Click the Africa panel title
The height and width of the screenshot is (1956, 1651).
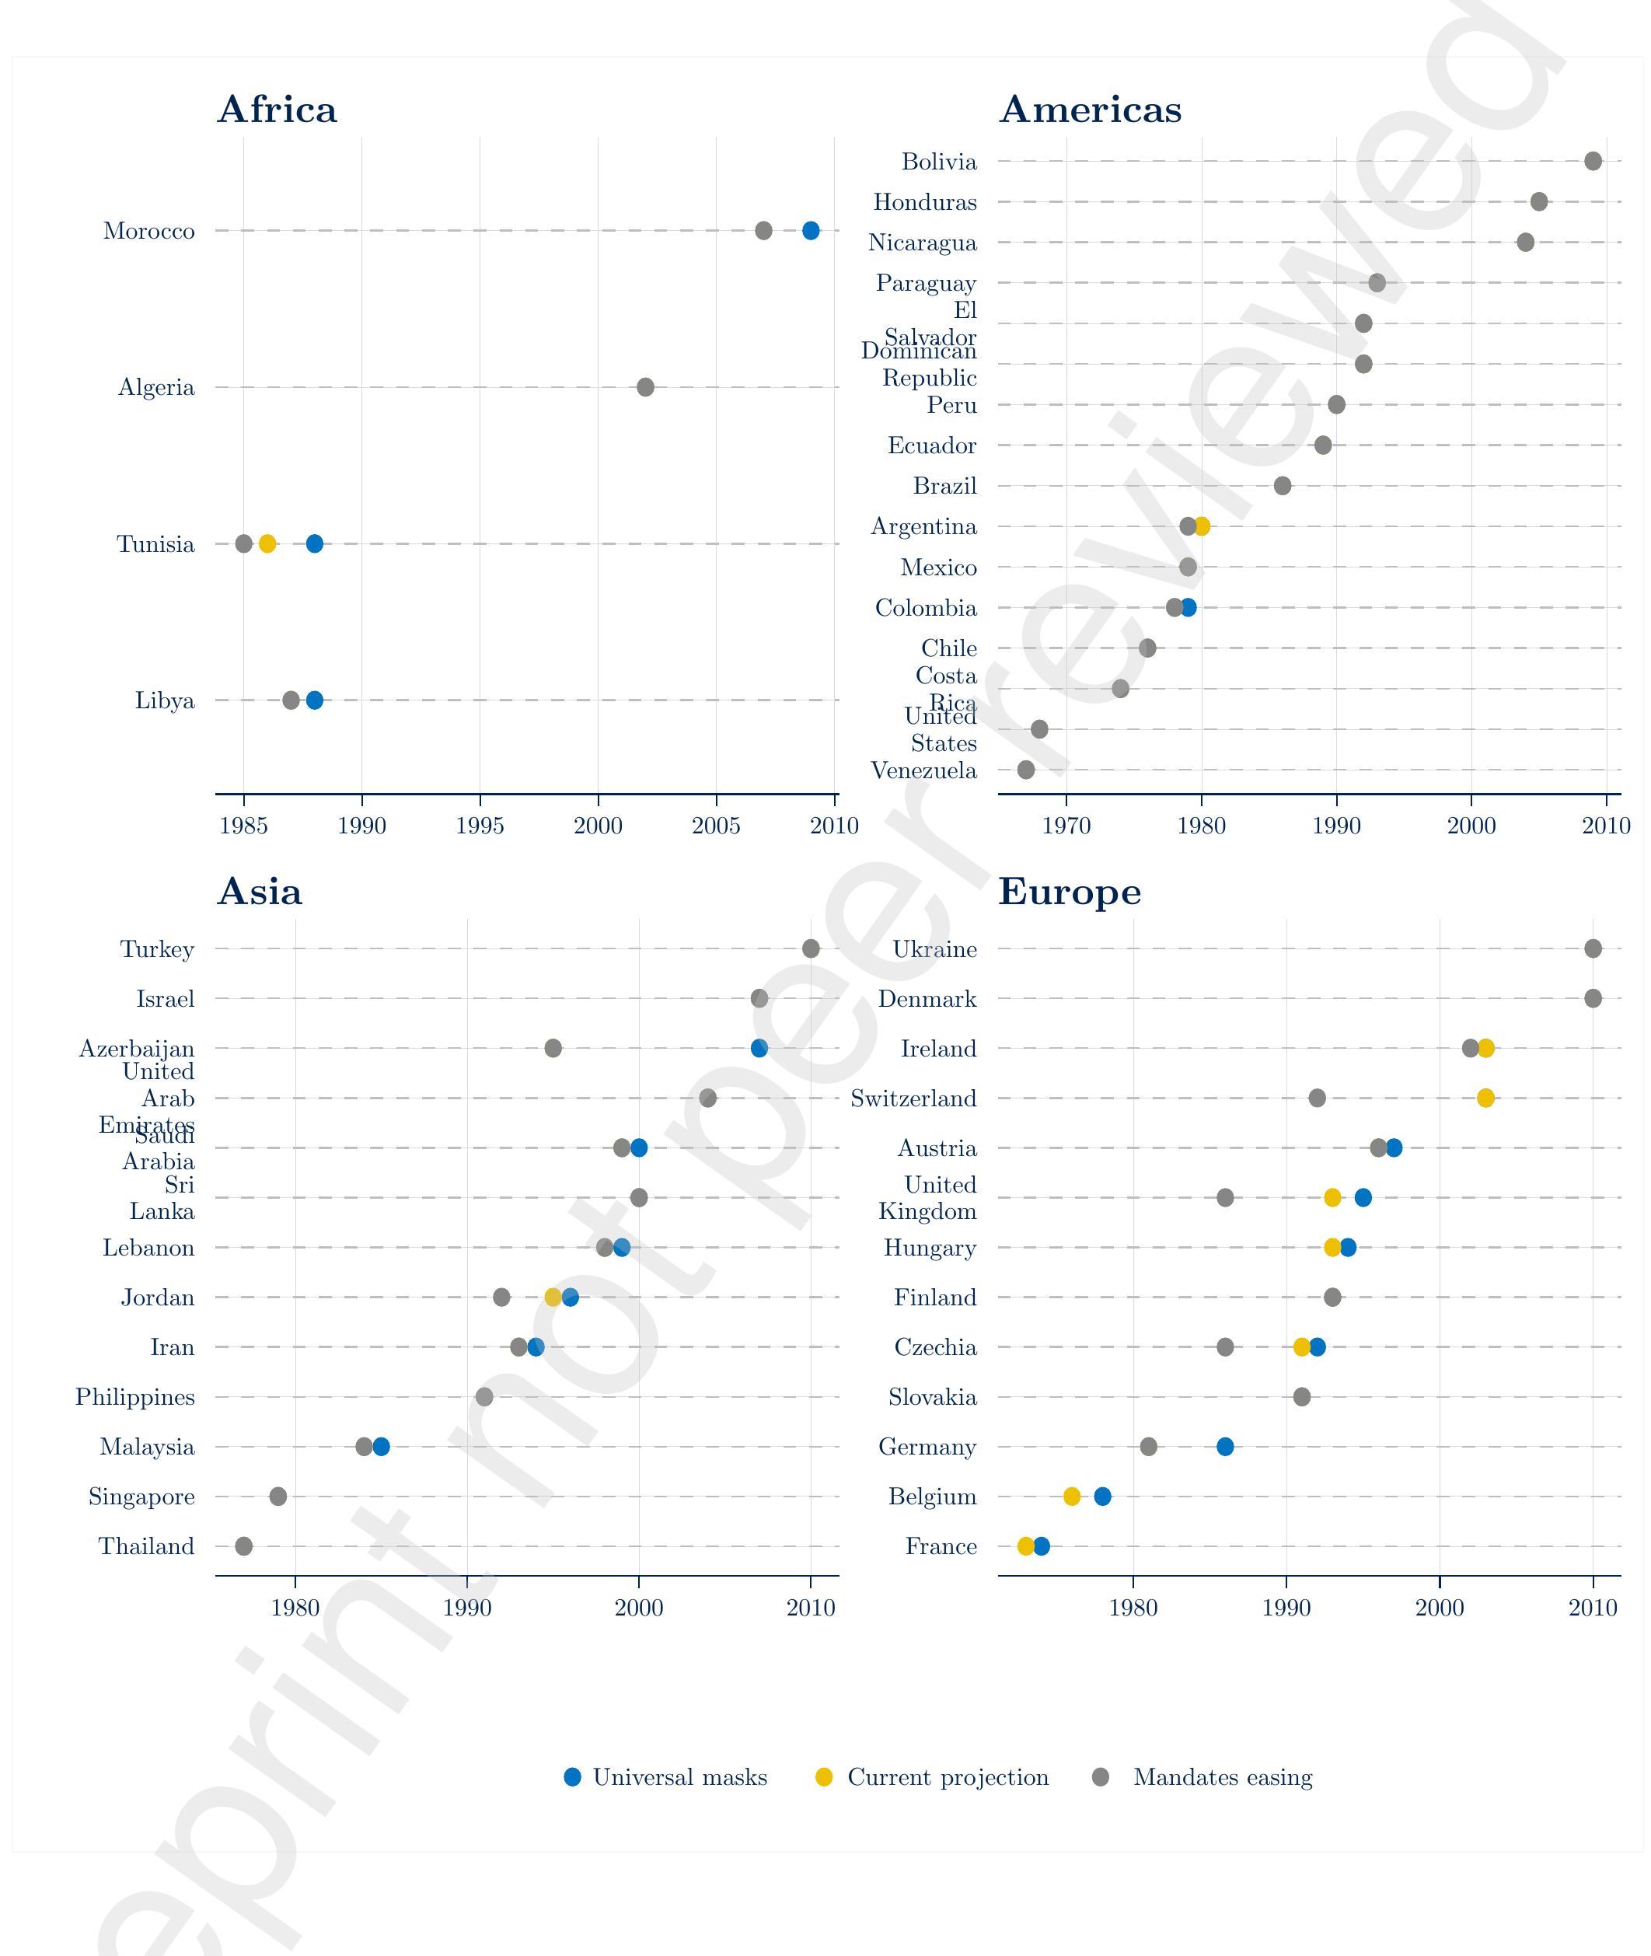click(276, 110)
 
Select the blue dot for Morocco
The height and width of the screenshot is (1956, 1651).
click(811, 230)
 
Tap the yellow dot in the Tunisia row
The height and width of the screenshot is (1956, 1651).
click(267, 543)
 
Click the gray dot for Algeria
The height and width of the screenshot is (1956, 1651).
click(645, 386)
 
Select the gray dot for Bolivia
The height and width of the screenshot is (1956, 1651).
click(1593, 161)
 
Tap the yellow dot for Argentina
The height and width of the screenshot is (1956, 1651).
click(1202, 526)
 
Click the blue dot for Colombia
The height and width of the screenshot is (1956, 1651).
click(1189, 607)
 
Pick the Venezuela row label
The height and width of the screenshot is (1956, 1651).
click(923, 770)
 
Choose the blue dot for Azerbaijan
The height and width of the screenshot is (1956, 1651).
click(759, 1048)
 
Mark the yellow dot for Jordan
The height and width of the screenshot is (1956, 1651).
click(553, 1298)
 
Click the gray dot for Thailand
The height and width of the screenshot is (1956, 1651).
click(243, 1546)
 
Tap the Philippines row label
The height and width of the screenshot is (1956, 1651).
click(136, 1397)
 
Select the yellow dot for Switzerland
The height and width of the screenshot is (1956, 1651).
click(1485, 1098)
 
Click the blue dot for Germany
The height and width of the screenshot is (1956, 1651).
click(1224, 1447)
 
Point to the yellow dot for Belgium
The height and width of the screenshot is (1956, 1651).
click(1072, 1497)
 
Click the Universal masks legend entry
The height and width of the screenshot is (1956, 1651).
click(666, 1777)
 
